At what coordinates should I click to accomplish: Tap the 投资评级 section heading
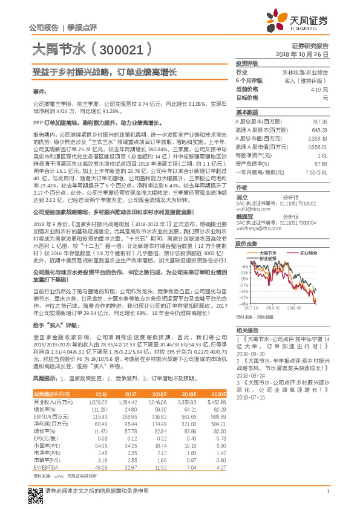coord(247,63)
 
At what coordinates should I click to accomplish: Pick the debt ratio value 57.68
coord(320,163)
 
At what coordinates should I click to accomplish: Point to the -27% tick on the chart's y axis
coord(243,284)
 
